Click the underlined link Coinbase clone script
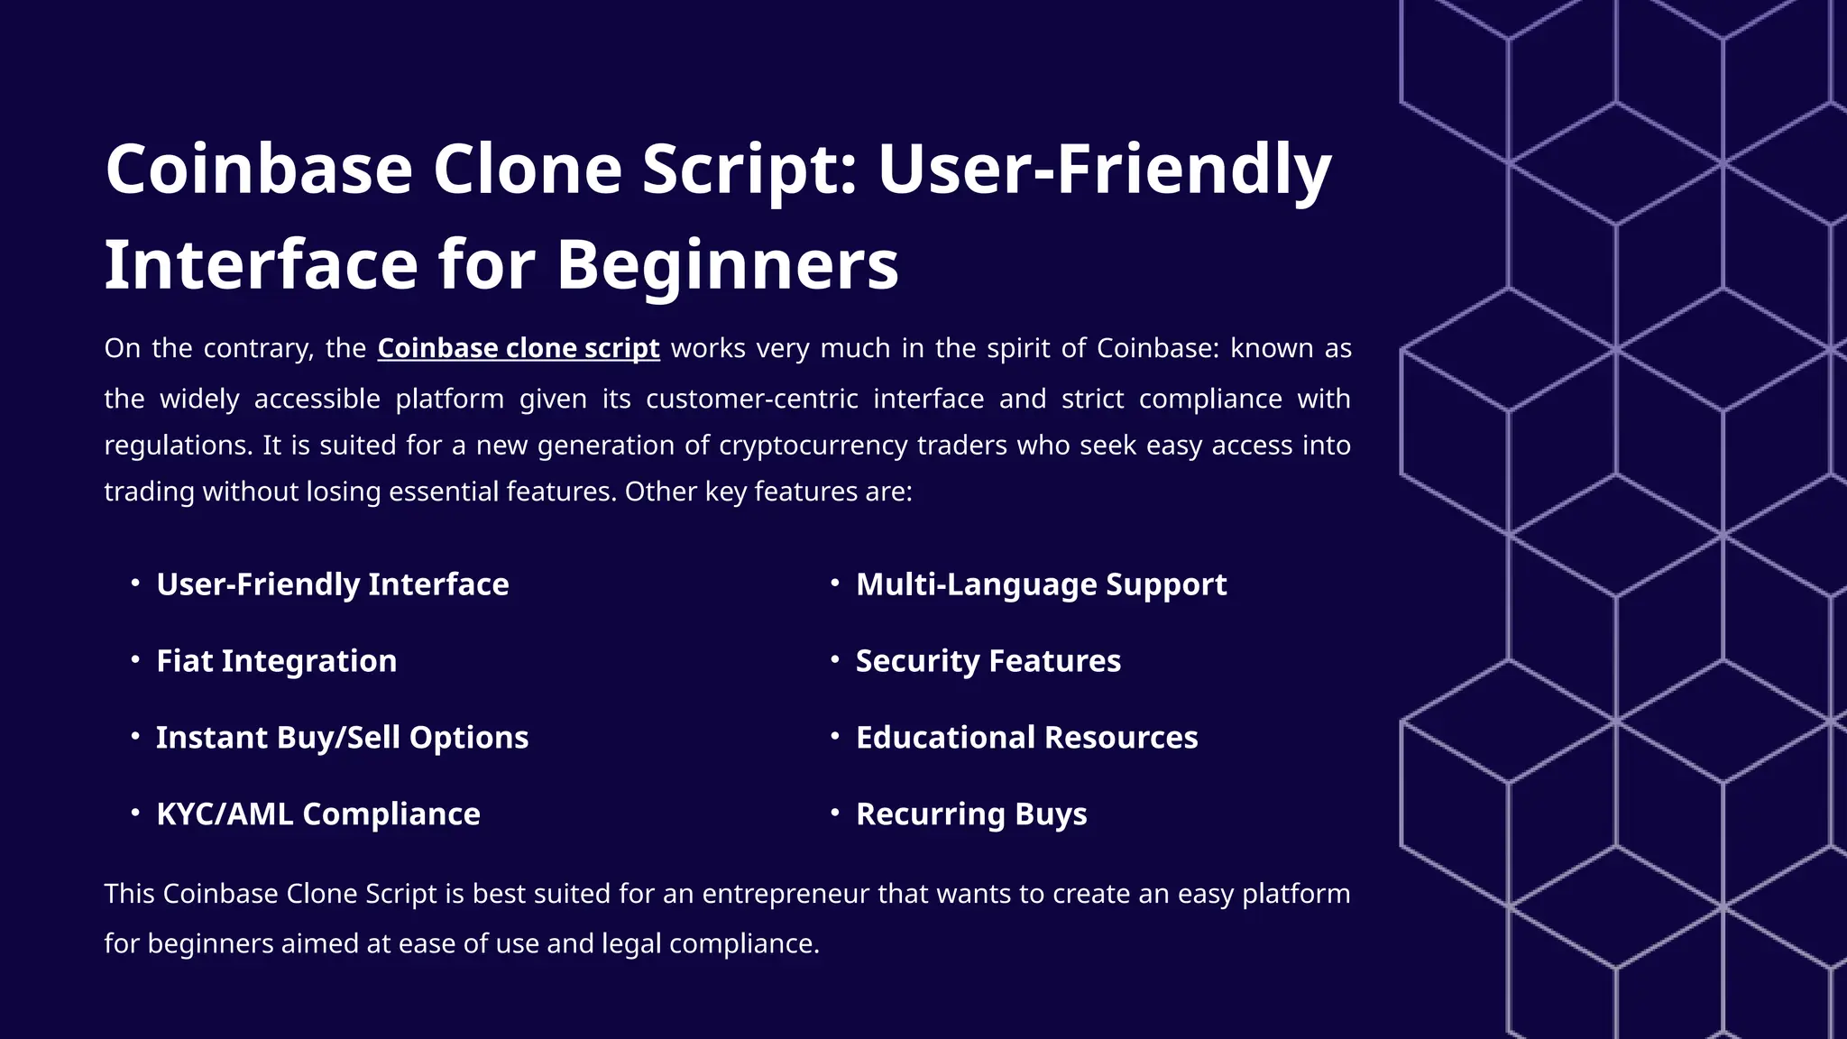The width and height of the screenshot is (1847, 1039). (519, 348)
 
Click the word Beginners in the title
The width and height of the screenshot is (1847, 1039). (727, 265)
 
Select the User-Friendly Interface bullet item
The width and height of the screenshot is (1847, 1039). (333, 584)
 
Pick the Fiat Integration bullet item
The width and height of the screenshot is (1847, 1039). (277, 661)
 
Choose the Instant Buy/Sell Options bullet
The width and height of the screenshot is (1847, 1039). (342, 738)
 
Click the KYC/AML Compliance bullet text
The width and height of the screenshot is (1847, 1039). (318, 814)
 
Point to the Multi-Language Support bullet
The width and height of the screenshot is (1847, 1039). (1041, 584)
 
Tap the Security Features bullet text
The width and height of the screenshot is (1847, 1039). (988, 661)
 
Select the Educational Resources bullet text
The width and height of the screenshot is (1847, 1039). (1026, 738)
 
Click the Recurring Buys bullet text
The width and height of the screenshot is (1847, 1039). (971, 814)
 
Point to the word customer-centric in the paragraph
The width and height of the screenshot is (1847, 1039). (752, 399)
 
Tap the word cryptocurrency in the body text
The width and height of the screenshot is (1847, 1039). (813, 446)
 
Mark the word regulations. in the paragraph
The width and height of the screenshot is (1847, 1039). (179, 446)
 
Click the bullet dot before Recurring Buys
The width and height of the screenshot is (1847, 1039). (835, 813)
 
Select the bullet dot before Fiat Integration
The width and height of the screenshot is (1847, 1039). (135, 659)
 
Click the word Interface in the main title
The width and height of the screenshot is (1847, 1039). (261, 265)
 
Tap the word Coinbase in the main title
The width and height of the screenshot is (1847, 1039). (259, 170)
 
